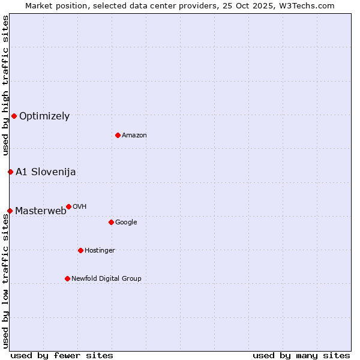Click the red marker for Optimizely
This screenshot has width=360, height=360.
pos(14,116)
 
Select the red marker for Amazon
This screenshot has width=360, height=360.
pos(118,135)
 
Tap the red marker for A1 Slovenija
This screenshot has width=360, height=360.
pos(10,172)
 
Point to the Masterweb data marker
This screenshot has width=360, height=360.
pos(10,211)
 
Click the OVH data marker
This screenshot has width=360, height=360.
pos(68,206)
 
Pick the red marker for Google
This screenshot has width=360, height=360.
pos(111,222)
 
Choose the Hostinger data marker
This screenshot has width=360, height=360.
pos(80,250)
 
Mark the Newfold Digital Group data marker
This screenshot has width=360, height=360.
pos(67,278)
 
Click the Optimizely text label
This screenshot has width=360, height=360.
pos(44,116)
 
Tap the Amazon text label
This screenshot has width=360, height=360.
pos(134,136)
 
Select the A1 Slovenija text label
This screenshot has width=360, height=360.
pos(46,172)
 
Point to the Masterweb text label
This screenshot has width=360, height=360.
pos(41,211)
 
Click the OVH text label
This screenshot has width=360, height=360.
pos(80,207)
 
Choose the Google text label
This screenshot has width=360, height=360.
pos(126,223)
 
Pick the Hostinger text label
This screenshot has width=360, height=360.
pos(100,251)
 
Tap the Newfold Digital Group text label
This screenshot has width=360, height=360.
pos(106,279)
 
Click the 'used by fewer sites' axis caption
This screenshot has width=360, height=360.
pos(62,355)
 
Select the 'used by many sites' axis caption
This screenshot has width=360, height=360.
pos(301,355)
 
